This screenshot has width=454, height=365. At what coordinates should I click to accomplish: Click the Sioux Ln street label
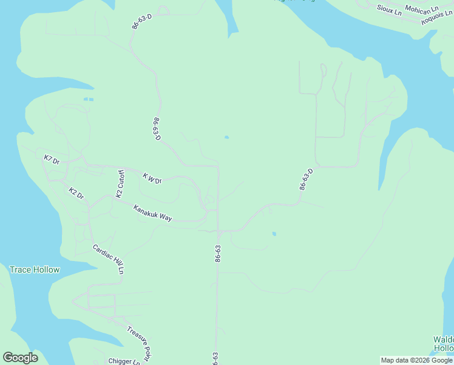point(389,10)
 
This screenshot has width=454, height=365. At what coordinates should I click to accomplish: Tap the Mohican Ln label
point(421,10)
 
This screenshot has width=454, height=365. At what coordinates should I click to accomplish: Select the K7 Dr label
point(52,160)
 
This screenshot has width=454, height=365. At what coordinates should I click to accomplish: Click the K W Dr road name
point(152,178)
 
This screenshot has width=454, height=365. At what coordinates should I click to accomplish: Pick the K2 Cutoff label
point(120,184)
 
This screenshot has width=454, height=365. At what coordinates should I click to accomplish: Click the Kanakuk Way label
point(153,212)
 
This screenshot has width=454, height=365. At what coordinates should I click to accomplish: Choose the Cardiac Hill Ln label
point(109,259)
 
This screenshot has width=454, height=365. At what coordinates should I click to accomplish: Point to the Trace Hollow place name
point(35,269)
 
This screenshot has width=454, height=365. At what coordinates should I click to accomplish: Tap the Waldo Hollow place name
point(443,344)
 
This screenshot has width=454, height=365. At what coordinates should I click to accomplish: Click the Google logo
point(20,358)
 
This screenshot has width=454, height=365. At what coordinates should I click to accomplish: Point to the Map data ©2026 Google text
point(416,360)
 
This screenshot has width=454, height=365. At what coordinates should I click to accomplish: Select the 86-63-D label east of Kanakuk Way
point(306,179)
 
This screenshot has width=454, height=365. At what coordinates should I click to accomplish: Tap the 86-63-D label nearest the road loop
point(141,18)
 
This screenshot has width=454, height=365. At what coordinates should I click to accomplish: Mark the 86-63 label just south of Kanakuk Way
point(217,254)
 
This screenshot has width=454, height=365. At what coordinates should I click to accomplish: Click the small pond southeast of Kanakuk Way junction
point(274,234)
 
